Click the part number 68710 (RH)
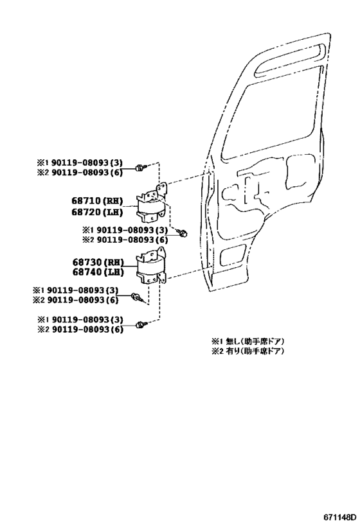point(97,201)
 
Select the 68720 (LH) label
point(97,212)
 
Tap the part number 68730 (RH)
point(98,262)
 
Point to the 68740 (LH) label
point(98,272)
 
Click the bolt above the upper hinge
point(139,167)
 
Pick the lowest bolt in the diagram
point(139,324)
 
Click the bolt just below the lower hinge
point(137,296)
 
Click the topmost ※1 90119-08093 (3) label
point(80,162)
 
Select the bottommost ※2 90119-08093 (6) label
point(80,329)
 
